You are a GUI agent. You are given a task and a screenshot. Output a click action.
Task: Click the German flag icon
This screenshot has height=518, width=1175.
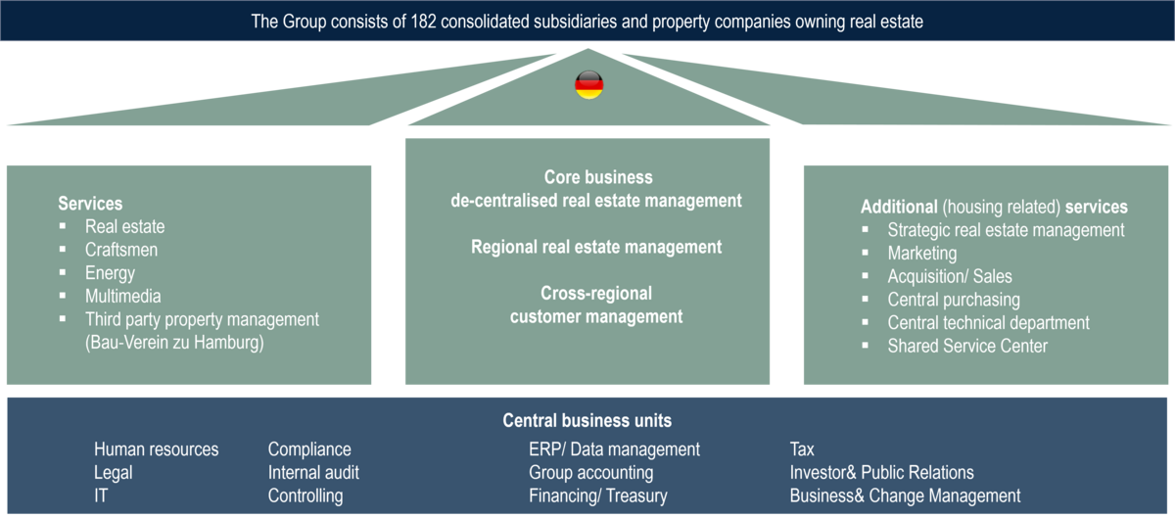pyautogui.click(x=588, y=85)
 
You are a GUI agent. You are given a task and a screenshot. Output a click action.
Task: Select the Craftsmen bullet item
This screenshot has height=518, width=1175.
pyautogui.click(x=120, y=250)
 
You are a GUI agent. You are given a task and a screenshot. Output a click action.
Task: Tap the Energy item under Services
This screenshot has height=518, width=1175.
pyautogui.click(x=110, y=273)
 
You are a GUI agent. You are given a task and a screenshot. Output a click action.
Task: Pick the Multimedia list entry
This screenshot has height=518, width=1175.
pyautogui.click(x=122, y=296)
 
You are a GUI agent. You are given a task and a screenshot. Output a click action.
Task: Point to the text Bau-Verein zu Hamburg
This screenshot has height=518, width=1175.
pyautogui.click(x=174, y=343)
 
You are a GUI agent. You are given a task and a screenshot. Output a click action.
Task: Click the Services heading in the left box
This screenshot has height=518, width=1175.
pyautogui.click(x=90, y=204)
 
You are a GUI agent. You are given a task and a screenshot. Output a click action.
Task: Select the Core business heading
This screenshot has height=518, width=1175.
pyautogui.click(x=598, y=178)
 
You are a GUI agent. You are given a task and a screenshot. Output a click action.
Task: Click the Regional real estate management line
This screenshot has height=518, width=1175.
pyautogui.click(x=596, y=247)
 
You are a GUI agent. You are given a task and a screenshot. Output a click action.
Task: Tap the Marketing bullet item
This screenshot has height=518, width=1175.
pyautogui.click(x=921, y=253)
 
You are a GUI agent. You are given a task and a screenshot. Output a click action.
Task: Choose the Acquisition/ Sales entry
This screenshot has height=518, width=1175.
pyautogui.click(x=950, y=276)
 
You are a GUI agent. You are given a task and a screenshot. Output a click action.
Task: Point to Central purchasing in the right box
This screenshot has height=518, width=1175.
pyautogui.click(x=953, y=300)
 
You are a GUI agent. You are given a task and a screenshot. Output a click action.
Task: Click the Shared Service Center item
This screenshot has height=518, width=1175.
pyautogui.click(x=967, y=346)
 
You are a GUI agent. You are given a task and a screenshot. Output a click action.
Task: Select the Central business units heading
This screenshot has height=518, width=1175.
pyautogui.click(x=587, y=421)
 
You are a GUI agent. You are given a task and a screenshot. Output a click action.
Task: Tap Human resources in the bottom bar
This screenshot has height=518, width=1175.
pyautogui.click(x=157, y=449)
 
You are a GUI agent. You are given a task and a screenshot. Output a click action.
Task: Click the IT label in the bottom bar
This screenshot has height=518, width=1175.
pyautogui.click(x=103, y=495)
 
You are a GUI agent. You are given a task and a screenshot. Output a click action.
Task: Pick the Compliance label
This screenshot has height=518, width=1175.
pyautogui.click(x=309, y=449)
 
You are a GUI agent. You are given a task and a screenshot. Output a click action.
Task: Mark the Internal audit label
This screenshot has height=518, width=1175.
pyautogui.click(x=313, y=472)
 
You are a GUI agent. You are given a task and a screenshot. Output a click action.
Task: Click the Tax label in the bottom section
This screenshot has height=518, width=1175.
pyautogui.click(x=802, y=449)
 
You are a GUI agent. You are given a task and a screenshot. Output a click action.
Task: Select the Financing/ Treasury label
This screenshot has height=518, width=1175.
pyautogui.click(x=597, y=495)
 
